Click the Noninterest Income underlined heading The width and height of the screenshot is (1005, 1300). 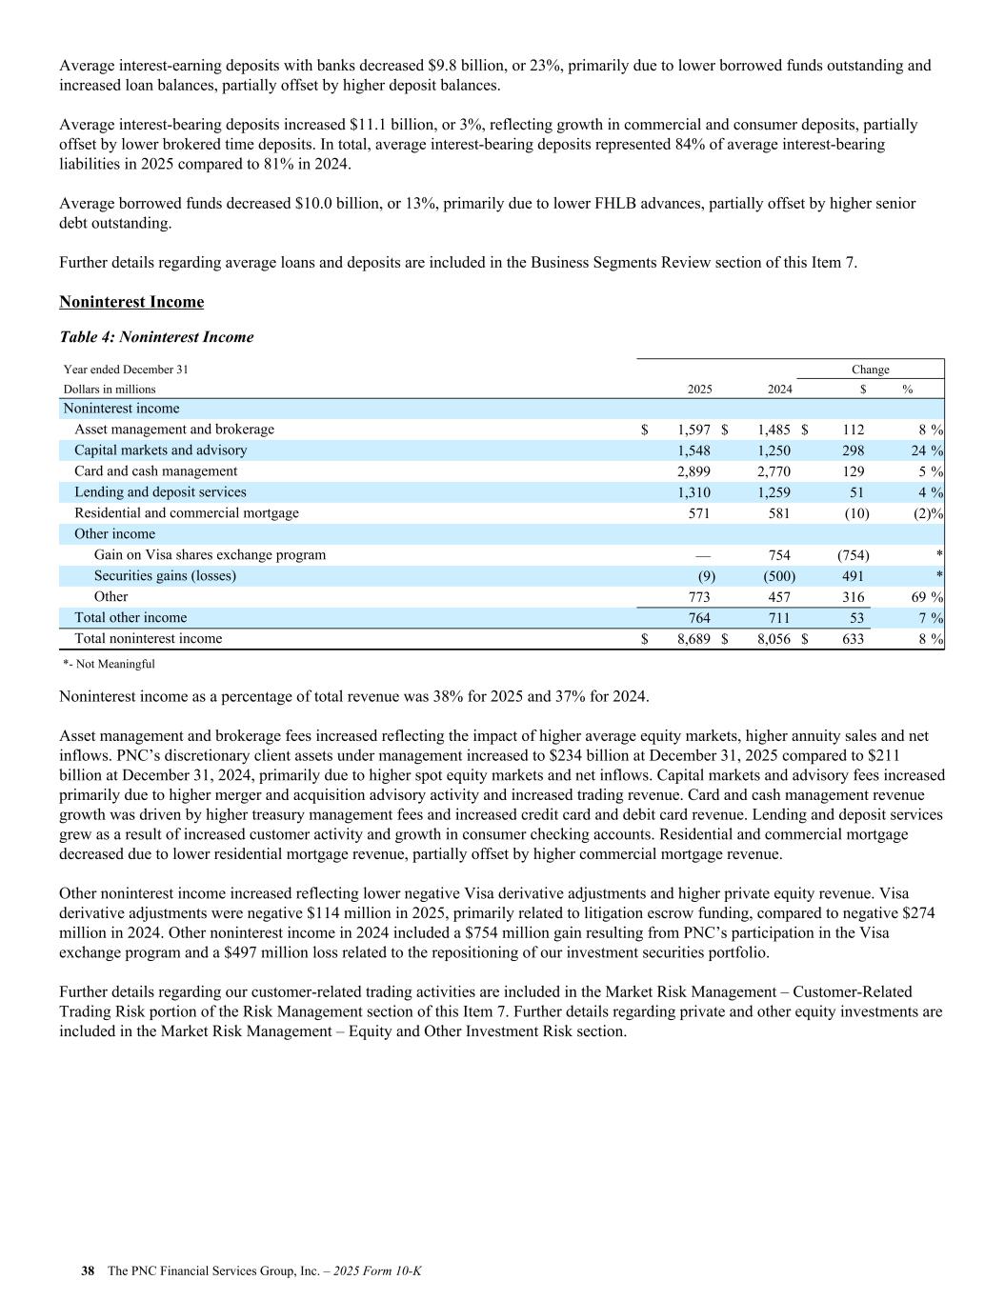pyautogui.click(x=131, y=302)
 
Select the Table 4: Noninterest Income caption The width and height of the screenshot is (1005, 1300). pyautogui.click(x=156, y=337)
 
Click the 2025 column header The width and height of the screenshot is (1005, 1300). pyautogui.click(x=699, y=390)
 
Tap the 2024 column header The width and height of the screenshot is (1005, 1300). pyautogui.click(x=779, y=390)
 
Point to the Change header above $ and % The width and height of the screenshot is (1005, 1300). pyautogui.click(x=870, y=370)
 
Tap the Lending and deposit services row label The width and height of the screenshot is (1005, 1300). pyautogui.click(x=160, y=492)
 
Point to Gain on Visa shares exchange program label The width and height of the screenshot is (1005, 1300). pyautogui.click(x=210, y=555)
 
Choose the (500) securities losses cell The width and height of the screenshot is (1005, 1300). pyautogui.click(x=778, y=576)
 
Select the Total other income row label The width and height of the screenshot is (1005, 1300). pyautogui.click(x=131, y=618)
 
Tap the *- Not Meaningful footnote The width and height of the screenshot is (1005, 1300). pyautogui.click(x=109, y=664)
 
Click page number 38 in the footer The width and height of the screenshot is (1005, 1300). pyautogui.click(x=88, y=1271)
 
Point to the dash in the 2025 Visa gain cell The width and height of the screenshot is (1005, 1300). pyautogui.click(x=703, y=555)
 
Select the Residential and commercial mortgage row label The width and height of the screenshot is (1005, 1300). pyautogui.click(x=187, y=513)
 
